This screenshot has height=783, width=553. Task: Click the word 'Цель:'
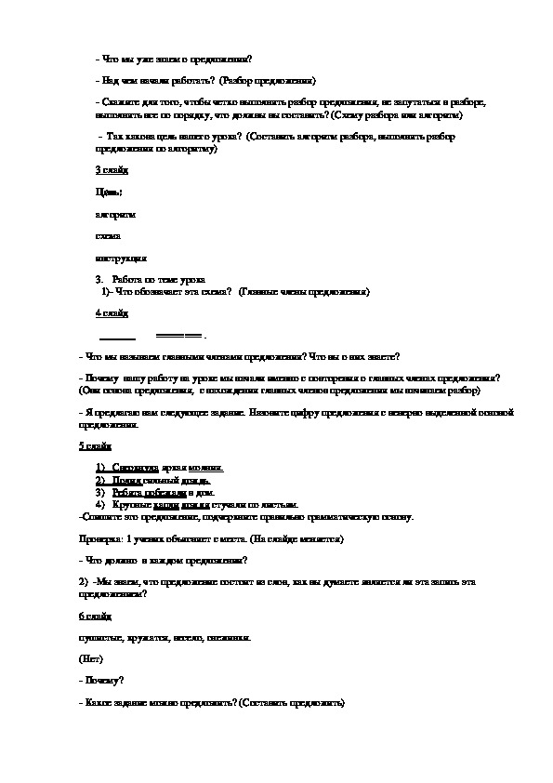click(109, 192)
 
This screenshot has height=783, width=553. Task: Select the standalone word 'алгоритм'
click(115, 214)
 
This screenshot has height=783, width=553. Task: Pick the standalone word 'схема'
click(108, 235)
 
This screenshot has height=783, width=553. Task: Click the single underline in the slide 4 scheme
click(117, 336)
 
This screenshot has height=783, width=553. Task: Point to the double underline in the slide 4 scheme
click(178, 335)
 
